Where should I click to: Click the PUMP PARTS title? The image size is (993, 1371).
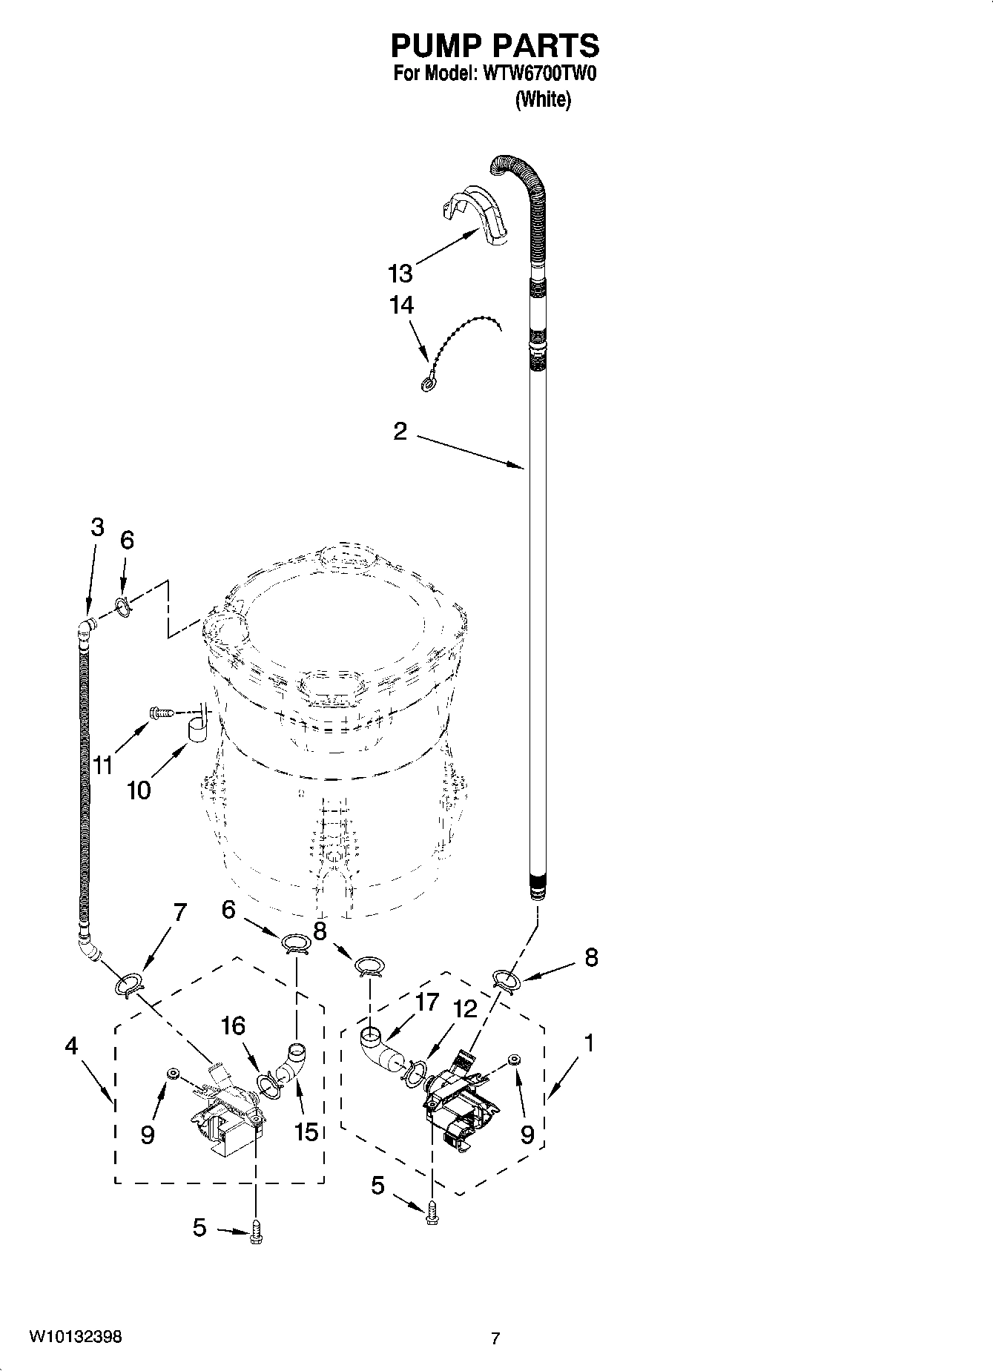pos(495,46)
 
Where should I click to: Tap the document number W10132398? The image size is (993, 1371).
pos(76,1337)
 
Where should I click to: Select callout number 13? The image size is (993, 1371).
pos(400,274)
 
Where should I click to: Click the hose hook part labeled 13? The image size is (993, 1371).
pos(478,212)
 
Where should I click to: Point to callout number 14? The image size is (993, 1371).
pos(401,305)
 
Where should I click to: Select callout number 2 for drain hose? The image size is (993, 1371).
pos(400,432)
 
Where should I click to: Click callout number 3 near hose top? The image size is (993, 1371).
pos(97,527)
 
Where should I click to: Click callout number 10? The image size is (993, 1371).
pos(139,790)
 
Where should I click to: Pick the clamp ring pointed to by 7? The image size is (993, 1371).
pos(128,985)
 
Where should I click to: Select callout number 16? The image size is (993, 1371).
pos(233,1026)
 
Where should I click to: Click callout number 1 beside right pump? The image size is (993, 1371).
pos(588,1044)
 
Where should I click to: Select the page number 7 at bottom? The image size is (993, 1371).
pos(495,1338)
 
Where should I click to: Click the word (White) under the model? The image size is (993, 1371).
pos(543,99)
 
